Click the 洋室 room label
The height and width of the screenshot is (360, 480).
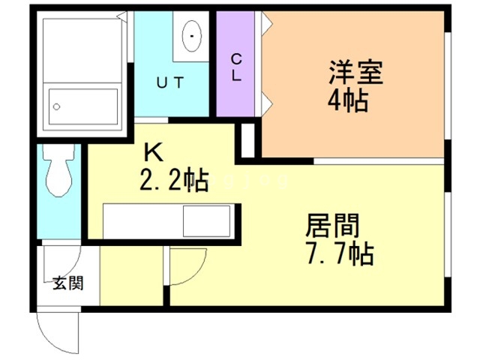point(356,73)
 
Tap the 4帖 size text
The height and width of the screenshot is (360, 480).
point(348,101)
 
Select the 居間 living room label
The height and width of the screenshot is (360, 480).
point(332,226)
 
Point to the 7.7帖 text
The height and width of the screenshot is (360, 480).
point(340,253)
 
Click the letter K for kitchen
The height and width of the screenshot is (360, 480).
point(154,152)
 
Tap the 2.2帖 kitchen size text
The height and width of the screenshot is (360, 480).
point(174,180)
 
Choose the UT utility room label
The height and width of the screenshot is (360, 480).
point(170,82)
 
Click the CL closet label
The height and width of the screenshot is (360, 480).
point(236,67)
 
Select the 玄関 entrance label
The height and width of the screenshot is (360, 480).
point(68,283)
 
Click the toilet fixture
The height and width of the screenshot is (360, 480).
point(58,170)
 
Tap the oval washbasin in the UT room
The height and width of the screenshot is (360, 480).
point(192,36)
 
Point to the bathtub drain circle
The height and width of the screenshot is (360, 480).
point(57,106)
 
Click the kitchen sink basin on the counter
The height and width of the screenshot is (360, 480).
point(207,221)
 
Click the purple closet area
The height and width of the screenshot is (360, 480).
point(235,64)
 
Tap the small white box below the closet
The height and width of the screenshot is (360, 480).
point(248,140)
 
